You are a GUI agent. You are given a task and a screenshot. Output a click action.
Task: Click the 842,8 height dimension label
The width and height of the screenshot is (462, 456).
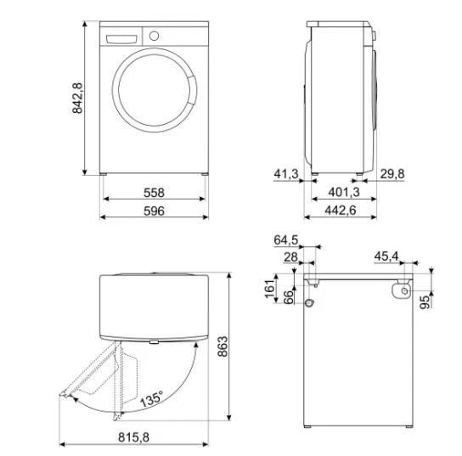point(77,99)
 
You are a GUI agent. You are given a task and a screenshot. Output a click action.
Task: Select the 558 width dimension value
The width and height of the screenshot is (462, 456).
point(154,193)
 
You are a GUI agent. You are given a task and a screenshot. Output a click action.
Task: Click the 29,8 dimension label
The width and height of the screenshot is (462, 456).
point(392,176)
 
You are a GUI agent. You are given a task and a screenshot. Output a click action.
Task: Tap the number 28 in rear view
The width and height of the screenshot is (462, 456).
point(290,256)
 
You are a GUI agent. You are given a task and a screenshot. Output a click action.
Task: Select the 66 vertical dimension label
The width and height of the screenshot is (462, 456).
point(288,296)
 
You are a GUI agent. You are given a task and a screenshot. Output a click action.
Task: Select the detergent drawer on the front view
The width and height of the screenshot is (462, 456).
point(121,37)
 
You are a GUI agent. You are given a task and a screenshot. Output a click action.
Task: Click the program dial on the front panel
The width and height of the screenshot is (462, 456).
point(154,37)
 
